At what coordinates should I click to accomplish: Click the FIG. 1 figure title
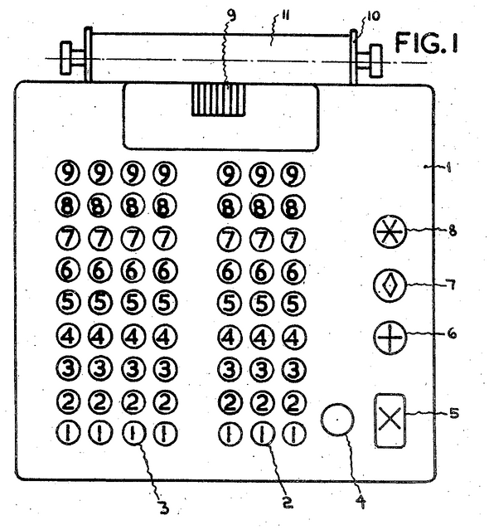click(427, 43)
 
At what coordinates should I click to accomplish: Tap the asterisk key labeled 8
click(390, 231)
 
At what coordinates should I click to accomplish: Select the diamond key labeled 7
click(390, 285)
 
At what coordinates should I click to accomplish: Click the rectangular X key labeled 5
click(390, 421)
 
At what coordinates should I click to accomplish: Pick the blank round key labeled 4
click(337, 420)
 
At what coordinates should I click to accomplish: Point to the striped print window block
click(219, 100)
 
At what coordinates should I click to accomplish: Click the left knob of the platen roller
click(65, 58)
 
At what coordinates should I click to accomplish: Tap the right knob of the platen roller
click(376, 61)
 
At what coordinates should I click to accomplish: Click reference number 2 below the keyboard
click(287, 503)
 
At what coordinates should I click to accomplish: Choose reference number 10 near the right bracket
click(373, 16)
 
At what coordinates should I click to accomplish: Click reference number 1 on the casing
click(449, 168)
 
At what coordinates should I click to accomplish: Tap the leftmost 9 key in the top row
click(67, 173)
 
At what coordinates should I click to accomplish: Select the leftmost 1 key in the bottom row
click(67, 433)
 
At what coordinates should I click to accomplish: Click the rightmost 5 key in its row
click(293, 304)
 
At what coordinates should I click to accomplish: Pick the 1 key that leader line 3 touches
click(133, 433)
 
